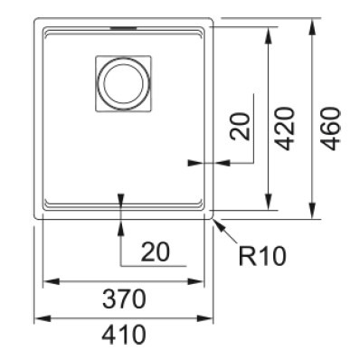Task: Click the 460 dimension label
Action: tap(331, 128)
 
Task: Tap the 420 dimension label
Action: tap(284, 128)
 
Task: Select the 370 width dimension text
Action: tap(124, 298)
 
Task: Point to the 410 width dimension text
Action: tap(124, 335)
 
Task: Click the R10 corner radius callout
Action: tap(262, 256)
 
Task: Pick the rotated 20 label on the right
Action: tap(241, 127)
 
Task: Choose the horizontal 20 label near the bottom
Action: tap(156, 251)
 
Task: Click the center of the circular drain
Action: tap(124, 83)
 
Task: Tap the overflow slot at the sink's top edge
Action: tap(123, 28)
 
